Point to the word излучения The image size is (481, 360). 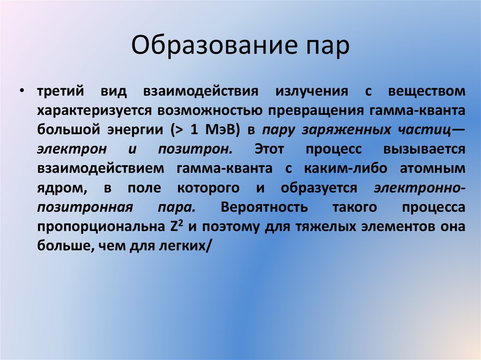[x=312, y=91]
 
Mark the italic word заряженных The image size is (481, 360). [x=349, y=130]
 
